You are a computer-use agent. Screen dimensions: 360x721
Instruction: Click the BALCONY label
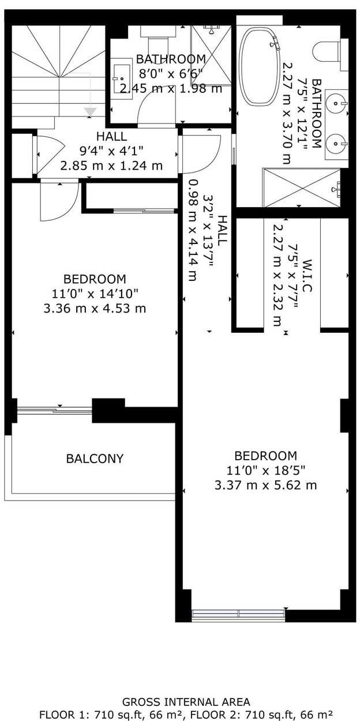95,459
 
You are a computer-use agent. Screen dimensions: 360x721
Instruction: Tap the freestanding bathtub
260,66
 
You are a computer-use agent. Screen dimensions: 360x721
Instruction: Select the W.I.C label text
307,276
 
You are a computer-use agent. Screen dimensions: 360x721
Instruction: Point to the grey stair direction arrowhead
91,112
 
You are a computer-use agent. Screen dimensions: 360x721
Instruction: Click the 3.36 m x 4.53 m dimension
95,309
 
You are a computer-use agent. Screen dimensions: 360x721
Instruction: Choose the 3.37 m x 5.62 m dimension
265,485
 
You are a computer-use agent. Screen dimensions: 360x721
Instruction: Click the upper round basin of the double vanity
336,103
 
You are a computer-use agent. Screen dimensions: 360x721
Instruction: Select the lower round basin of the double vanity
336,142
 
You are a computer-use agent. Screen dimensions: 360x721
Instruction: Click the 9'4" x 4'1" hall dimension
111,151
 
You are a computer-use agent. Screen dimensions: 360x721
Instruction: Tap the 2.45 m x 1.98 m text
171,88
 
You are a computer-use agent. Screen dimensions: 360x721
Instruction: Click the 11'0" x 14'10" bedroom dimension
95,294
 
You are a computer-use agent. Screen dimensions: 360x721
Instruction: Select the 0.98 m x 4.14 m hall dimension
193,230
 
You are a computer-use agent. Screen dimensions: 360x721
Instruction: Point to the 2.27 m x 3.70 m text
287,113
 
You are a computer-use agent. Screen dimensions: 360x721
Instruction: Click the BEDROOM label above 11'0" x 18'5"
265,456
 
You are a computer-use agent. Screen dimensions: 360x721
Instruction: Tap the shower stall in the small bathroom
211,56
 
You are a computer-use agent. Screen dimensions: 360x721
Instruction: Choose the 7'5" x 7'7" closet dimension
292,276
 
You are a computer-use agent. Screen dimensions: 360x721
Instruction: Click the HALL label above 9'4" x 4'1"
111,136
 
